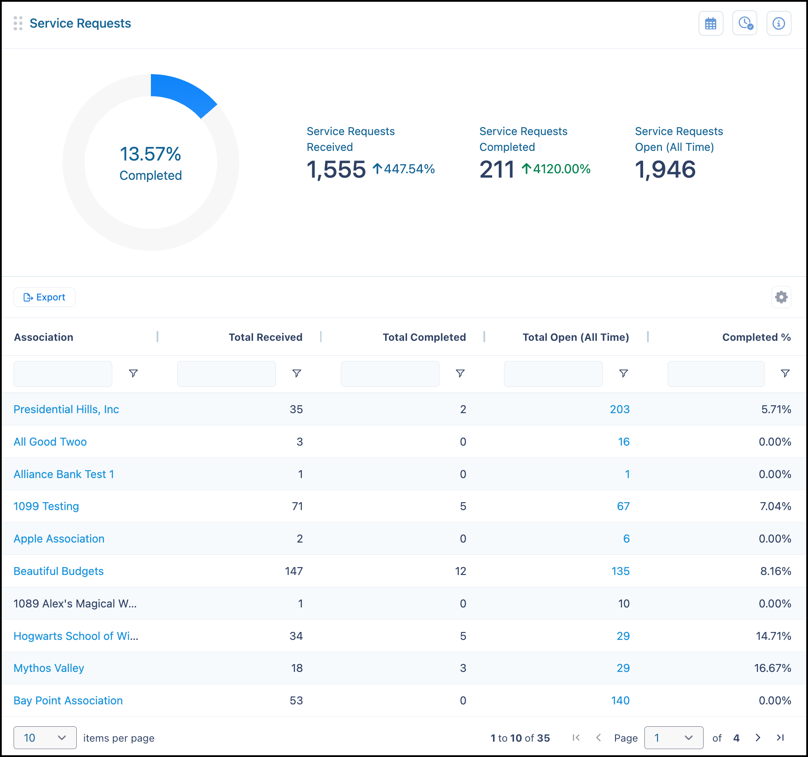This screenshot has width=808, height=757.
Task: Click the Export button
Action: pos(44,297)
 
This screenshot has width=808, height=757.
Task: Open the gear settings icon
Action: pos(781,297)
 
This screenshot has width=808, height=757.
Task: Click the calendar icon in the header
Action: pos(711,23)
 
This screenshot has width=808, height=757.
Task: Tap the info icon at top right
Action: pos(779,23)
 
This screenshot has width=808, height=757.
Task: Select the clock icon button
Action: pos(745,23)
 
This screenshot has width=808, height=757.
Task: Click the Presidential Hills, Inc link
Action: pos(66,409)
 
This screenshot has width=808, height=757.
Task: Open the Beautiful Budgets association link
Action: pos(59,571)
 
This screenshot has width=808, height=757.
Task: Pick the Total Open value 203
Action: pos(619,409)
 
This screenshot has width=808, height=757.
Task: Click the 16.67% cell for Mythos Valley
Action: pos(772,668)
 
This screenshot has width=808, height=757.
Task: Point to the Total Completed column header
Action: pos(424,337)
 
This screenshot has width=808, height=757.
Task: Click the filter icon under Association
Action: pos(133,373)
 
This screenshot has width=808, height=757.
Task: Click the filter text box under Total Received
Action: pos(226,374)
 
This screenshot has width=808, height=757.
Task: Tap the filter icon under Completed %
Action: pos(785,373)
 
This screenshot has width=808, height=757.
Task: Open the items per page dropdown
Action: pos(45,738)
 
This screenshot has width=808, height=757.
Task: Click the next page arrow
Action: pos(758,738)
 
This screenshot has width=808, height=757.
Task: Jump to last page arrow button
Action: pos(780,738)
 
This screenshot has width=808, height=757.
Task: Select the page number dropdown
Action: pos(674,738)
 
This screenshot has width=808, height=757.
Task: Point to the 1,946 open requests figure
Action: pos(665,169)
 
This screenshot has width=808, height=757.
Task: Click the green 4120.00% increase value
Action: pos(561,169)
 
